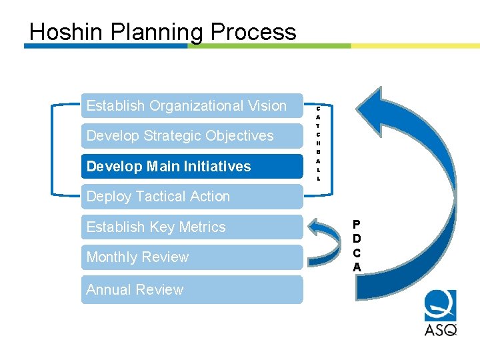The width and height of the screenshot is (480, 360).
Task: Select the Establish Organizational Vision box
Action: point(192,106)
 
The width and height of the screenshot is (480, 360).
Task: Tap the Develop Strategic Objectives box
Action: point(192,136)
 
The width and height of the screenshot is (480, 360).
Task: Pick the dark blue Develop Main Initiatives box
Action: point(192,166)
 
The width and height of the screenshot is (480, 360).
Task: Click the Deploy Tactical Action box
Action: point(192,197)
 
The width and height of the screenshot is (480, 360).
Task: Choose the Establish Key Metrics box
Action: point(192,227)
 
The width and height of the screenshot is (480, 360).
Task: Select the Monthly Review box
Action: point(192,257)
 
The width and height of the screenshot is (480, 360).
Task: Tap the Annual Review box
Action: point(192,289)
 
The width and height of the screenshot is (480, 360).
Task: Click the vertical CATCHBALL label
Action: point(318,143)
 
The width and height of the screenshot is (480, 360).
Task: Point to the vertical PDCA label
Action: point(357,246)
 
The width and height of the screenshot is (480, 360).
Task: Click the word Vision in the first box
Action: point(265,106)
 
